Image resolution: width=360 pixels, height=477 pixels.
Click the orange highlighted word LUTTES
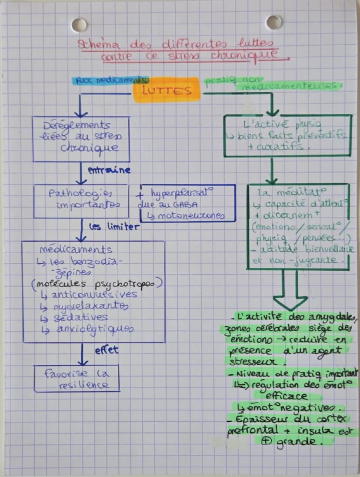pyautogui.click(x=167, y=91)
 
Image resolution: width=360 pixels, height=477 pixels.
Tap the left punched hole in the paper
pyautogui.click(x=79, y=24)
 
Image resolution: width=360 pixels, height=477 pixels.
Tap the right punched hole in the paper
pyautogui.click(x=273, y=22)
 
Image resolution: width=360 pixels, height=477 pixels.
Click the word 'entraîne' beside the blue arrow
pyautogui.click(x=109, y=170)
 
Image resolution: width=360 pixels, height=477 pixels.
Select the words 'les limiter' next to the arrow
pyautogui.click(x=114, y=227)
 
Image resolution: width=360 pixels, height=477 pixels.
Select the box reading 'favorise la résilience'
pyautogui.click(x=77, y=379)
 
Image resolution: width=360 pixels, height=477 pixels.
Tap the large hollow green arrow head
pyautogui.click(x=290, y=302)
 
